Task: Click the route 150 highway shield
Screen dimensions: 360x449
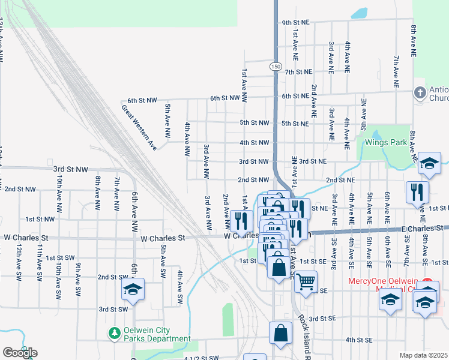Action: pyautogui.click(x=275, y=67)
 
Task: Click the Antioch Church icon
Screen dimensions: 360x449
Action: pyautogui.click(x=420, y=92)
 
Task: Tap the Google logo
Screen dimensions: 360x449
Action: pyautogui.click(x=20, y=353)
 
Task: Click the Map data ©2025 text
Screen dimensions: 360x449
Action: pyautogui.click(x=424, y=355)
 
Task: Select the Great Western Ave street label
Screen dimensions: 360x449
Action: pyautogui.click(x=139, y=127)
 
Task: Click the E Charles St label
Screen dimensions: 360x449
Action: pyautogui.click(x=423, y=229)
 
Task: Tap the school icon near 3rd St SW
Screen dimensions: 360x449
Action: pyautogui.click(x=133, y=290)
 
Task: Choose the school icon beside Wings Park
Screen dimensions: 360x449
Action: pyautogui.click(x=430, y=163)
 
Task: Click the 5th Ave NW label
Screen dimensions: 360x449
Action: pyautogui.click(x=168, y=117)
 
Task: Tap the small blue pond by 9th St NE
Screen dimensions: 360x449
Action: pyautogui.click(x=359, y=13)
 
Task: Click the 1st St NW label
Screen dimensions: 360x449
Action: pyautogui.click(x=40, y=220)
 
